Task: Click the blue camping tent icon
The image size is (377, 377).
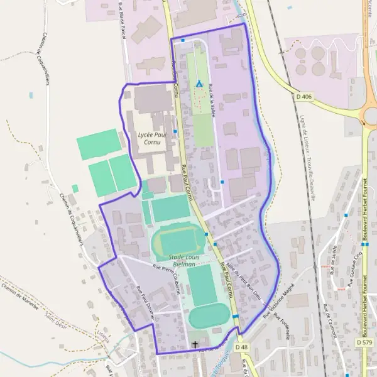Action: (199, 84)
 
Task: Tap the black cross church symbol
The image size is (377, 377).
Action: (195, 345)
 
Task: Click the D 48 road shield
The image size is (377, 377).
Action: (241, 347)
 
